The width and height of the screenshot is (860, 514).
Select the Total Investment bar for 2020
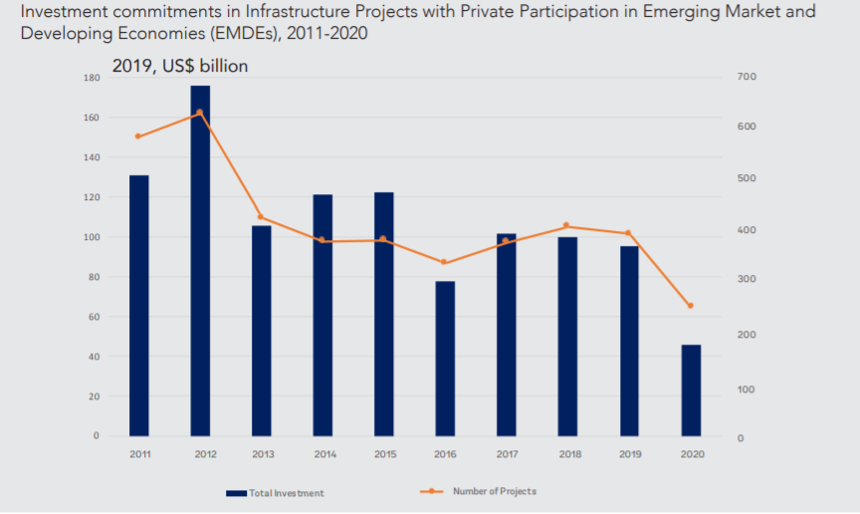[691, 390]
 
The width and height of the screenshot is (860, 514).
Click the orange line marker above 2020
[691, 306]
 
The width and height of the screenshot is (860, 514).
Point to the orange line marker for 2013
[261, 217]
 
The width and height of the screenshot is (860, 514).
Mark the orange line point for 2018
[566, 225]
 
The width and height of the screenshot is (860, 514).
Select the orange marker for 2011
[138, 136]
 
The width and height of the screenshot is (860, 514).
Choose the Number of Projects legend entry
[494, 491]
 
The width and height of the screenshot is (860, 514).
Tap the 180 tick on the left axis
[91, 78]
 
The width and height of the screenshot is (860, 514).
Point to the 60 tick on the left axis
[93, 317]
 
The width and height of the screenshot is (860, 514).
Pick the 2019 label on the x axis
[629, 454]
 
